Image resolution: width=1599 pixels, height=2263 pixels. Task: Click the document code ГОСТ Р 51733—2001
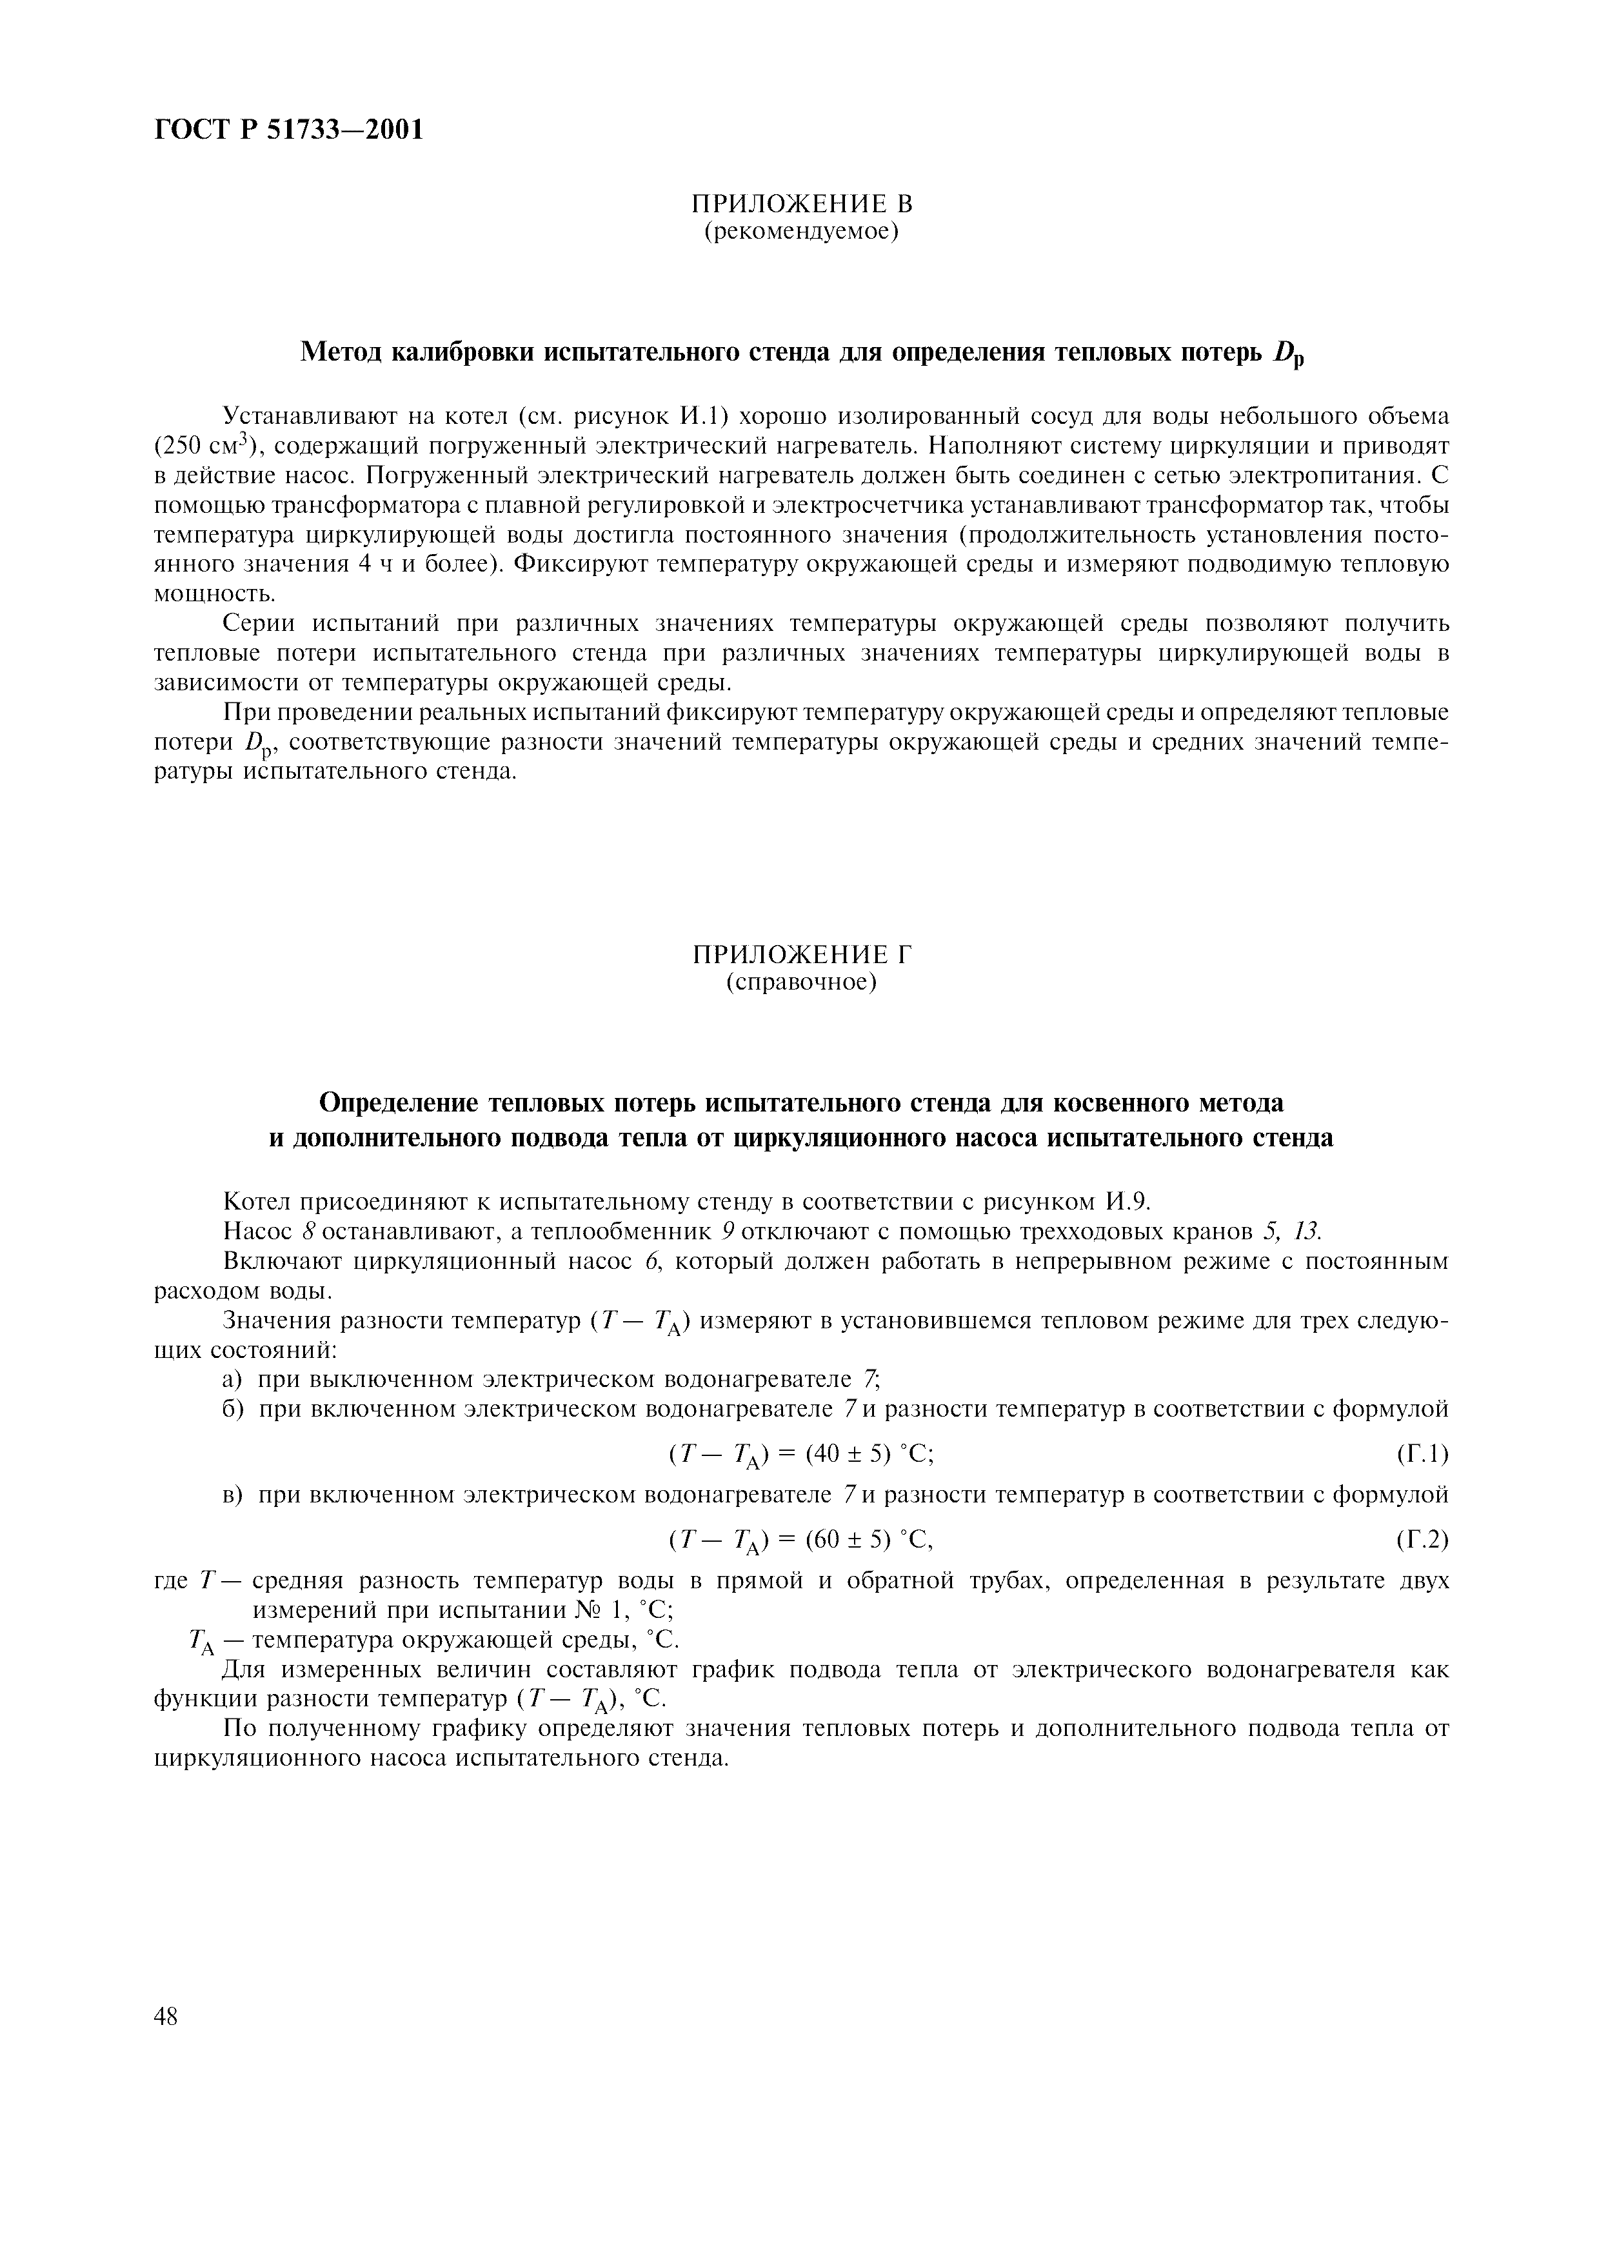(x=290, y=130)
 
